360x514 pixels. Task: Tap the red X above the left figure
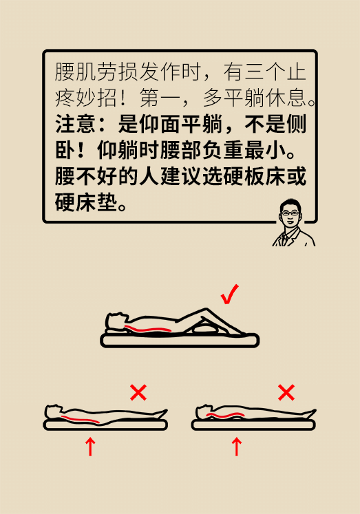tap(138, 392)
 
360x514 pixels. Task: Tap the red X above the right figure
tap(286, 392)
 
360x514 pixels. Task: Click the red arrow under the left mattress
tap(90, 447)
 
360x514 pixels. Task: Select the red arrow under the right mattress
tap(236, 447)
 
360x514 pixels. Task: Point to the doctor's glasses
tap(290, 213)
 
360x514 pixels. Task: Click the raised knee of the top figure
tap(206, 310)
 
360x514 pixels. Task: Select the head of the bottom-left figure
tap(54, 411)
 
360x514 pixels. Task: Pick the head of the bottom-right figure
tap(204, 411)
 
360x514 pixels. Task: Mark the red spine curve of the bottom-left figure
tap(81, 419)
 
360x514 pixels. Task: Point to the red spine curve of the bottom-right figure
tap(225, 416)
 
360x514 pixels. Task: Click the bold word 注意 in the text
tap(76, 124)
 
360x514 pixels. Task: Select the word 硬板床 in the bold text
tap(254, 175)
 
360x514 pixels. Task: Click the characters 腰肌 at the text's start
tap(76, 72)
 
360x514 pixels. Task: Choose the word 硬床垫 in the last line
tap(86, 202)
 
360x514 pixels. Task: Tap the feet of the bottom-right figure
tap(310, 414)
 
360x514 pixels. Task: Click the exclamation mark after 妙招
tap(123, 98)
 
